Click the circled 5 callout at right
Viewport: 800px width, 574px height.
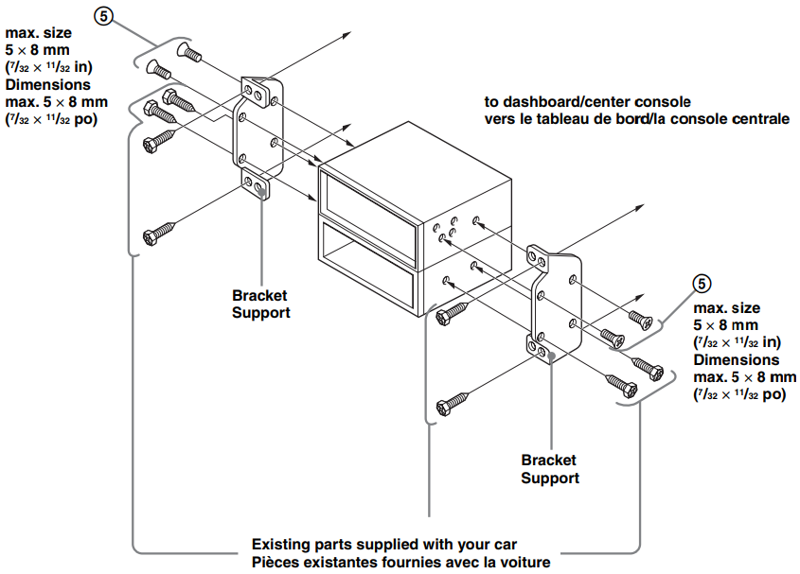tap(702, 283)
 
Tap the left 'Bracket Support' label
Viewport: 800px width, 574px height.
tap(260, 304)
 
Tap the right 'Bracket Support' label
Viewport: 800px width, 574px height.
tap(550, 469)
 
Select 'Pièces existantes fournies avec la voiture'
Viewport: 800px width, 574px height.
tap(400, 562)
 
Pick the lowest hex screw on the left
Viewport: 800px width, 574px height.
tap(157, 233)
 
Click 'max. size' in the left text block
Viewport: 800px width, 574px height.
tap(37, 33)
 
